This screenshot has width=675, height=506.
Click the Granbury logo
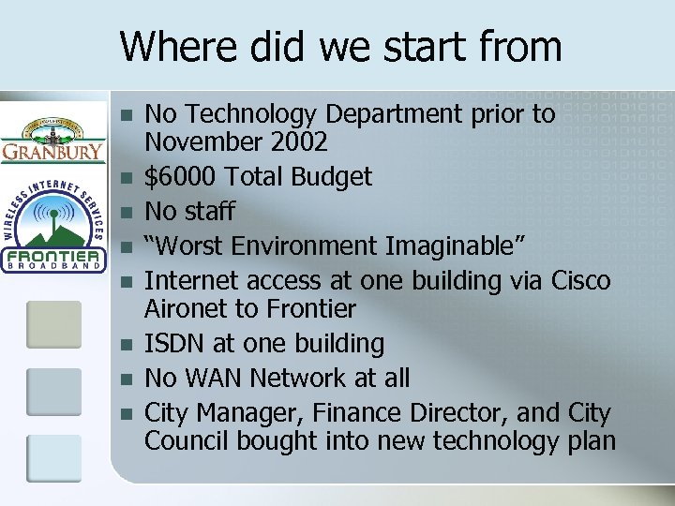point(52,139)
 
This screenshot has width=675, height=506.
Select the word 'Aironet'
point(190,308)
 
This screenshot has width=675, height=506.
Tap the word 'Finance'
point(362,412)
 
